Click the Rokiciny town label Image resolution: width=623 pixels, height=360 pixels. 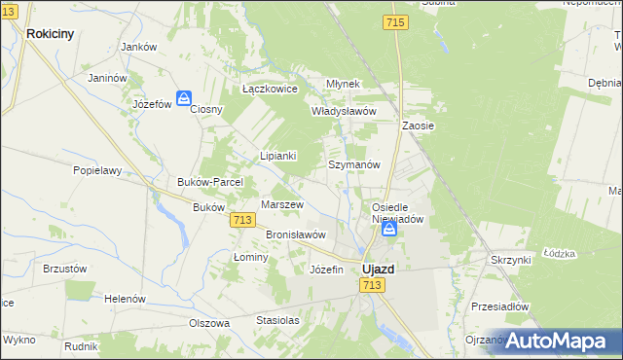point(51,32)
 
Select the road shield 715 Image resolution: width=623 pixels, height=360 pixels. point(394,22)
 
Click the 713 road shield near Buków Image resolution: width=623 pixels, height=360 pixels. point(244,221)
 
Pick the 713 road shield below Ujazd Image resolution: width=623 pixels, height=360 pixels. point(371,284)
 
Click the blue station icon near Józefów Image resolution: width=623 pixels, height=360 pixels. point(183,98)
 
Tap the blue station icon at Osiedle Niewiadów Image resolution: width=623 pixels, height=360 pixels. point(388,230)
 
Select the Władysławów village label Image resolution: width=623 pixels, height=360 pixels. point(344,111)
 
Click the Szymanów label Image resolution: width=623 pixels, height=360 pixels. point(352,165)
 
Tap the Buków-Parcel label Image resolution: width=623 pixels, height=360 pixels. point(202,182)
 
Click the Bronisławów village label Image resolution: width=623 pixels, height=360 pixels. point(296,235)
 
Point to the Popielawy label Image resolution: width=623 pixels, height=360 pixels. point(97,169)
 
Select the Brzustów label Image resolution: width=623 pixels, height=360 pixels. point(65,269)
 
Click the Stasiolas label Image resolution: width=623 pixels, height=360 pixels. point(277,319)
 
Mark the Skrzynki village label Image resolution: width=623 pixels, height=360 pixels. point(511,261)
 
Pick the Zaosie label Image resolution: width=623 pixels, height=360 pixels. point(418,126)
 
